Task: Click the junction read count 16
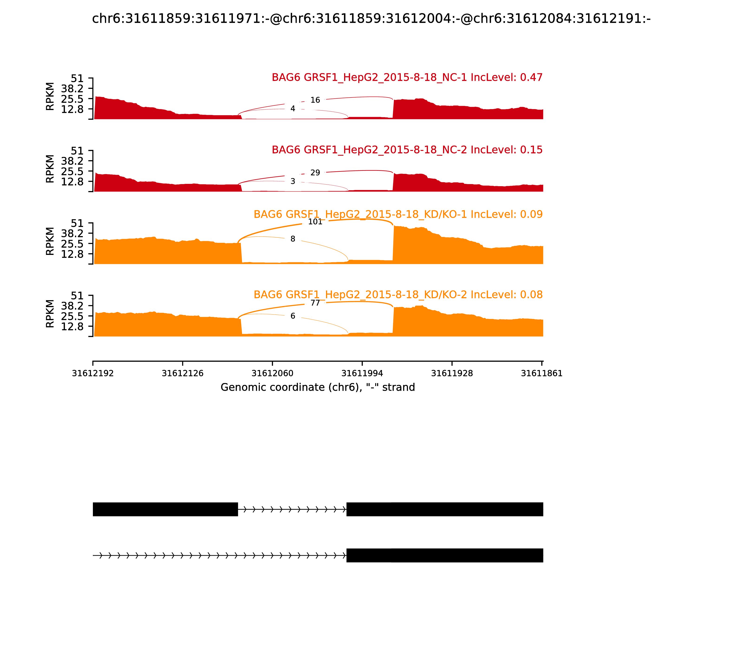click(x=315, y=100)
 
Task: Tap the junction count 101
click(x=315, y=222)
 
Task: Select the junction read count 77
click(x=315, y=303)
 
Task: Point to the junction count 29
click(x=315, y=173)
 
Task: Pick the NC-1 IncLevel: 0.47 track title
click(x=407, y=77)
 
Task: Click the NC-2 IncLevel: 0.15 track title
click(x=407, y=150)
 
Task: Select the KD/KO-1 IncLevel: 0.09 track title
click(x=398, y=214)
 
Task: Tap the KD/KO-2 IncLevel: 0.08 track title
click(x=398, y=295)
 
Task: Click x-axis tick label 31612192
click(x=93, y=374)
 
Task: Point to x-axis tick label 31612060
click(x=272, y=374)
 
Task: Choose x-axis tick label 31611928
click(x=452, y=374)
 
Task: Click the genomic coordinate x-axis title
click(x=318, y=387)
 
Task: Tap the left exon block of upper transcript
click(x=165, y=509)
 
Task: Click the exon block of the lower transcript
click(x=445, y=555)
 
